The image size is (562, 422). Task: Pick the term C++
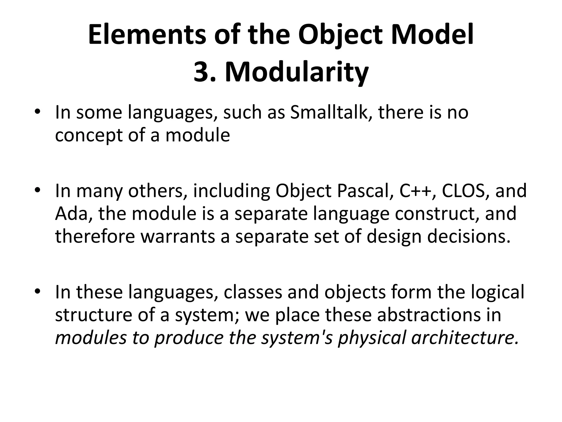coord(413,191)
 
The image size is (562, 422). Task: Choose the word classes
coord(253,292)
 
